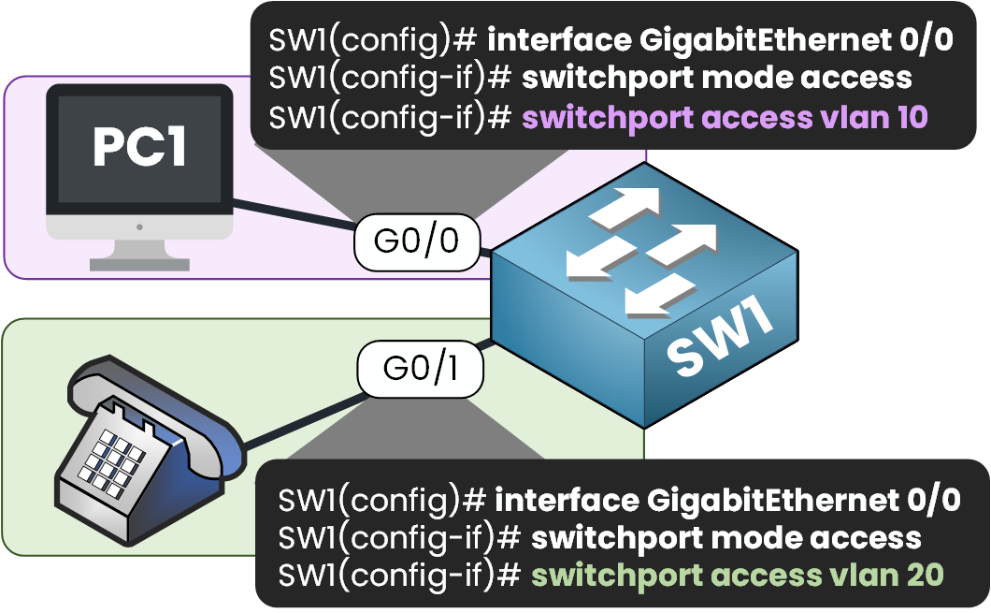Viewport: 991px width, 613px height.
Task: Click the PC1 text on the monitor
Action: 139,147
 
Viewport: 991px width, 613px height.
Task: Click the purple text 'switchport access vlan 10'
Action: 724,118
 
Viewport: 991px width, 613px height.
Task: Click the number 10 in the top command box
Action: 904,118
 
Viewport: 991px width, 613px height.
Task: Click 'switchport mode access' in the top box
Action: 716,79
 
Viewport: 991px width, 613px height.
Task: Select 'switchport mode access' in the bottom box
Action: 725,537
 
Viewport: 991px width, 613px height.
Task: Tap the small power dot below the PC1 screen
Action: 138,226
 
